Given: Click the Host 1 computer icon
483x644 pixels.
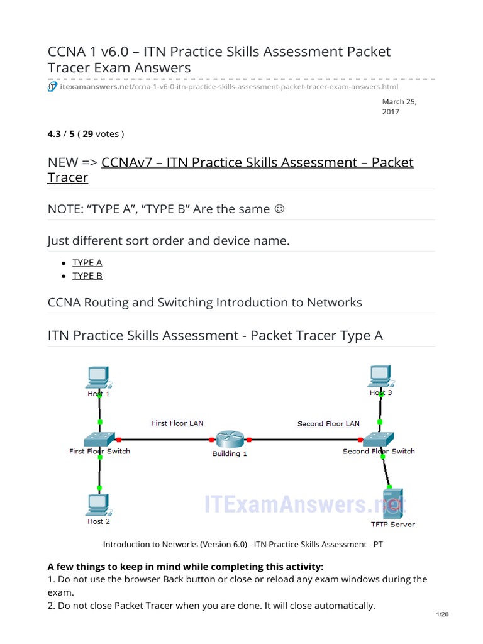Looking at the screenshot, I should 98,376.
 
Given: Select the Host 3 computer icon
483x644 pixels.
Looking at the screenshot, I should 380,375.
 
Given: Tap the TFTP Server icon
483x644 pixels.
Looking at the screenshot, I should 393,502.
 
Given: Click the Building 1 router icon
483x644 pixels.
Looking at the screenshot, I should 230,439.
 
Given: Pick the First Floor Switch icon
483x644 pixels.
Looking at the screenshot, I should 99,438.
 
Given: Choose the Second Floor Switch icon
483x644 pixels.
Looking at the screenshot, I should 379,438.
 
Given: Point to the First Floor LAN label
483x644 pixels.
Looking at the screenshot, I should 177,423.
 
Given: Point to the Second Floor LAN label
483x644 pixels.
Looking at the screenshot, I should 328,424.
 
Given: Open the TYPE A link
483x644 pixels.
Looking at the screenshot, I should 87,263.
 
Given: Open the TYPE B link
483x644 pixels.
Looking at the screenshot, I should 87,276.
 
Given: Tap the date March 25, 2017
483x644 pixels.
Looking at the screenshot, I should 399,107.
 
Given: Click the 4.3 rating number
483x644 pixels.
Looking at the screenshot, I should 55,134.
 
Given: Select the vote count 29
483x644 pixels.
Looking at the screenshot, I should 89,134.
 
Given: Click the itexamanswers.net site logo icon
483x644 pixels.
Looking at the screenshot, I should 52,87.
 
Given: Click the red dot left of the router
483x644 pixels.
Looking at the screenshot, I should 212,440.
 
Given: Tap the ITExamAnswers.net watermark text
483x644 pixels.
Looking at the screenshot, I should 305,504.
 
